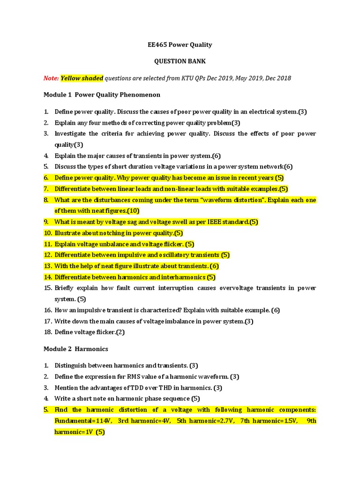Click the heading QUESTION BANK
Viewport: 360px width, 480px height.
point(180,61)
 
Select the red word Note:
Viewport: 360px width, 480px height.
point(51,78)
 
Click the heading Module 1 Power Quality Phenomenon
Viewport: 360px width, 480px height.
point(102,95)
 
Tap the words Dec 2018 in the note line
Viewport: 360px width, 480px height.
point(278,78)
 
